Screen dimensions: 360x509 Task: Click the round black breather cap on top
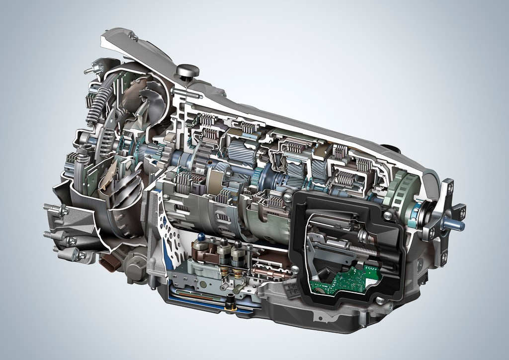click(187, 71)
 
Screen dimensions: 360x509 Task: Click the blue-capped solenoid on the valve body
click(201, 238)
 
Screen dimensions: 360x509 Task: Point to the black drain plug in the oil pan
click(230, 303)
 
